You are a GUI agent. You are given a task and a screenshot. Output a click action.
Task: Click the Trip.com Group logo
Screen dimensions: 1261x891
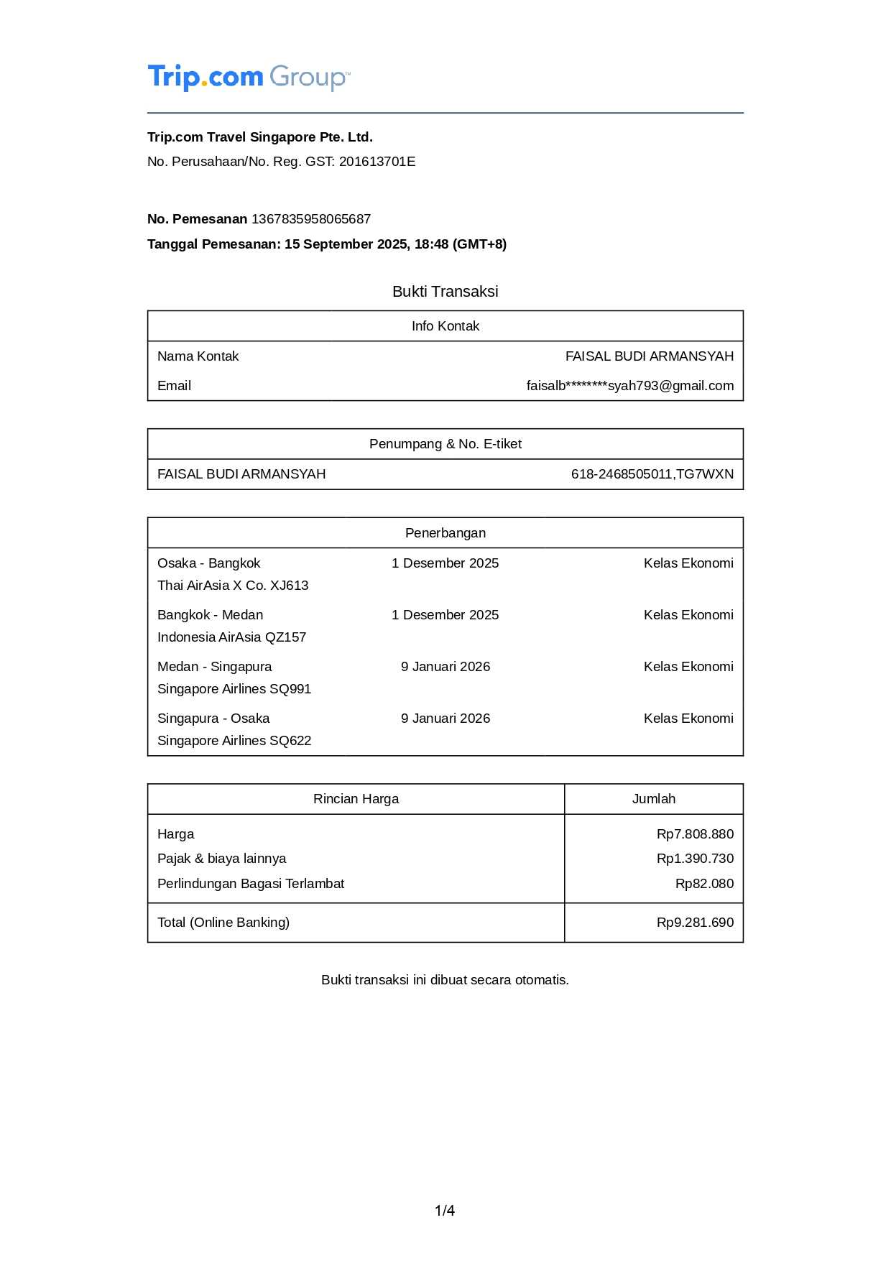[x=249, y=77]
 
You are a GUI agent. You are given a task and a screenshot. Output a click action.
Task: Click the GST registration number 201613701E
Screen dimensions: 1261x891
[x=377, y=162]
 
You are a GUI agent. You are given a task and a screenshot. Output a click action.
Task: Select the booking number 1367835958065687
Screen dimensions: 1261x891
[x=310, y=219]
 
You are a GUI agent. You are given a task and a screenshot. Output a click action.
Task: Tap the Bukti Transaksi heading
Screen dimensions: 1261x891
[x=445, y=292]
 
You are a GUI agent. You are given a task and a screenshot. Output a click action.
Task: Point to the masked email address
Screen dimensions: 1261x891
[x=629, y=386]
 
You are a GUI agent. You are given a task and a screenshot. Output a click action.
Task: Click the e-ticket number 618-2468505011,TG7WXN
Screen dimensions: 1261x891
[x=652, y=474]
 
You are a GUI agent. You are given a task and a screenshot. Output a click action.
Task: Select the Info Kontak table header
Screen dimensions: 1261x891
[x=445, y=326]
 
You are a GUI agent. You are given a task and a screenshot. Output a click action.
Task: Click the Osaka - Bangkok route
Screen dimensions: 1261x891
[x=208, y=563]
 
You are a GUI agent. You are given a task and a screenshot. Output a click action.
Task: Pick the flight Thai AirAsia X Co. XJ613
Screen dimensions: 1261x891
[x=233, y=586]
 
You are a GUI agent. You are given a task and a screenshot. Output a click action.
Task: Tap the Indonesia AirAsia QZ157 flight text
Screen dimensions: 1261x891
[x=231, y=637]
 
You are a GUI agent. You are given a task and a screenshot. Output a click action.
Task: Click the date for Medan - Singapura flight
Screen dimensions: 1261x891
[x=445, y=667]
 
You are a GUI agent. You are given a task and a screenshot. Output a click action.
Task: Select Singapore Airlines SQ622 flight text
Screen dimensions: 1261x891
[x=234, y=741]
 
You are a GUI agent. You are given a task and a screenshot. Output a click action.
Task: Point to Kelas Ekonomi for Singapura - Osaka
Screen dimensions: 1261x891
[x=688, y=719]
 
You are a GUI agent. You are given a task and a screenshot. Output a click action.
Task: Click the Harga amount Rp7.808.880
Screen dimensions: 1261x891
[x=694, y=834]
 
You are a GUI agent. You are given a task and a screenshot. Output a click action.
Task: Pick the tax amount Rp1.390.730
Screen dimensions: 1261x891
[x=694, y=859]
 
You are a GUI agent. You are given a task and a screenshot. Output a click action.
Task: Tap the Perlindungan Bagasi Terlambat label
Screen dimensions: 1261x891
[x=251, y=884]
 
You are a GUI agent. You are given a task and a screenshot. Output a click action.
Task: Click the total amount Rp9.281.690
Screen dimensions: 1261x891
[x=694, y=923]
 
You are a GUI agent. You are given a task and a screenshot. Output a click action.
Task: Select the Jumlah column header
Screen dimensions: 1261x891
[x=653, y=799]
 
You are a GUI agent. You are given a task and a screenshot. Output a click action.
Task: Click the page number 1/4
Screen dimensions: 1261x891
[x=444, y=1211]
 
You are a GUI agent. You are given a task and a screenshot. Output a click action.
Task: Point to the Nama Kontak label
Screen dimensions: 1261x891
[x=198, y=356]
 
